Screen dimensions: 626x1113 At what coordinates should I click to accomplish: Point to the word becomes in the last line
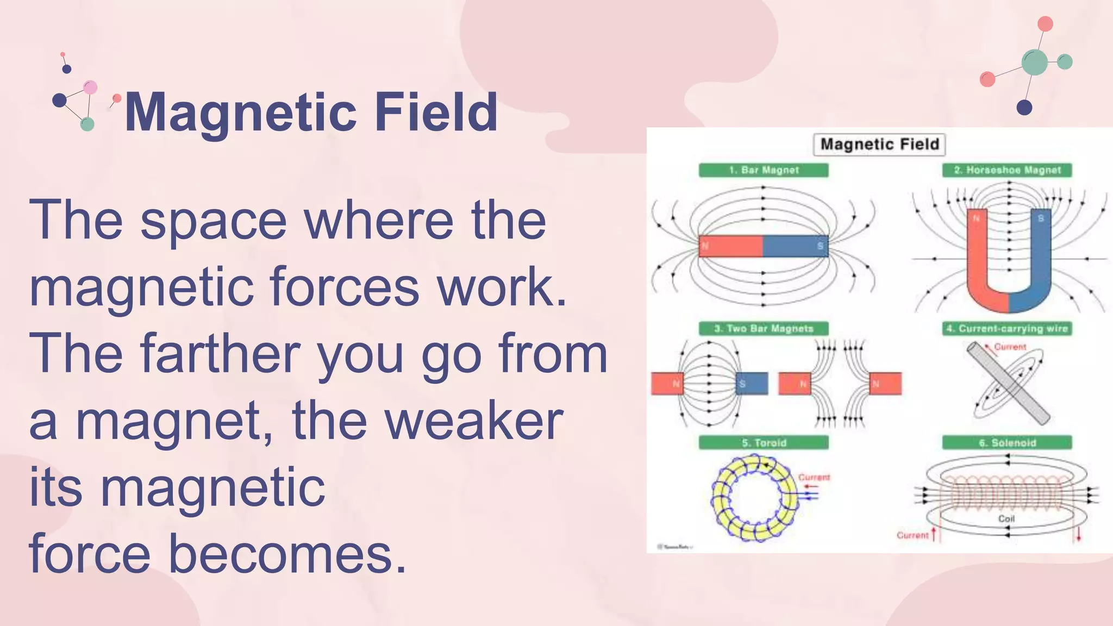coord(287,555)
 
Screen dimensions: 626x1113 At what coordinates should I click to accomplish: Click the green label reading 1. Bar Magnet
coord(764,170)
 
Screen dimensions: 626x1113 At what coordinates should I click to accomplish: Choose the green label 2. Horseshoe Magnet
coord(1007,170)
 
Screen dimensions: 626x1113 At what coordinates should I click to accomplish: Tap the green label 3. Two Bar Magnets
coord(764,328)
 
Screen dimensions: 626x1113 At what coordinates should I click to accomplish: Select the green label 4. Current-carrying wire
coord(1007,328)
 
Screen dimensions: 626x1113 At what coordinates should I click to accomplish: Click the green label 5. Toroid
coord(764,442)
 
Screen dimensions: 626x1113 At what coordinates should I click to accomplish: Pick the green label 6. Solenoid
coord(1007,442)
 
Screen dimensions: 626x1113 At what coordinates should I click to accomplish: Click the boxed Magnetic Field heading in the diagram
coord(879,144)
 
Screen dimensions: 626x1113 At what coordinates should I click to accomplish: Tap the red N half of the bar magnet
coord(731,246)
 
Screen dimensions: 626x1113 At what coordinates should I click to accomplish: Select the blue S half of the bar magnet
coord(795,246)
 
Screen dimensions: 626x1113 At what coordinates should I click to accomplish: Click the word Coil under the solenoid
coord(1006,518)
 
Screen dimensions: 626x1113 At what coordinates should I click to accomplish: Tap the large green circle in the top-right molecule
coord(1034,62)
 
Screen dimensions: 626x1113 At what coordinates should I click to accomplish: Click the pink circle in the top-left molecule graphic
coord(90,87)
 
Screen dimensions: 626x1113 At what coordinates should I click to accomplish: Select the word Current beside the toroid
coord(814,477)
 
